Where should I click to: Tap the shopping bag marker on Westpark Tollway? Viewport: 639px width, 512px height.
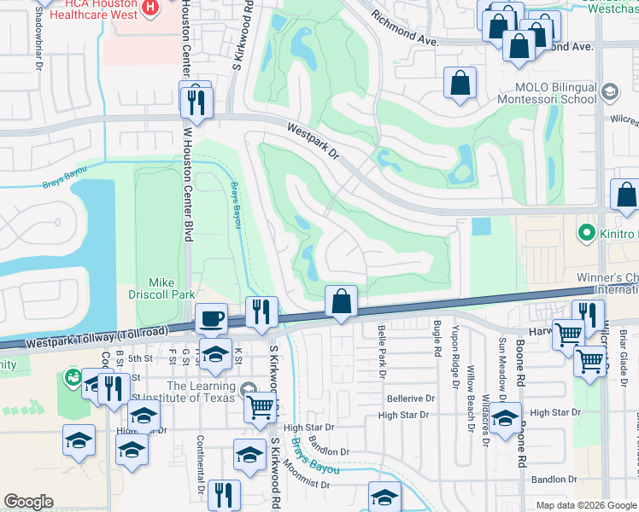[341, 301]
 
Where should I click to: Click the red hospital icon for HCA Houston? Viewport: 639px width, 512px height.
[151, 8]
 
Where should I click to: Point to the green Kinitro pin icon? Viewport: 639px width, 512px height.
[586, 231]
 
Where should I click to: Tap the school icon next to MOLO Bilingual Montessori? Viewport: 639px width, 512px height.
[610, 91]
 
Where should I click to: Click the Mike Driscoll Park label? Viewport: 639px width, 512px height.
[161, 288]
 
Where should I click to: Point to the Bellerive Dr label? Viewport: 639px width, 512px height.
[411, 399]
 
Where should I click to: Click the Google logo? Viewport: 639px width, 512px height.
[28, 502]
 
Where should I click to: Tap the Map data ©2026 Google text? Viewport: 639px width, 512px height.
[585, 505]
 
